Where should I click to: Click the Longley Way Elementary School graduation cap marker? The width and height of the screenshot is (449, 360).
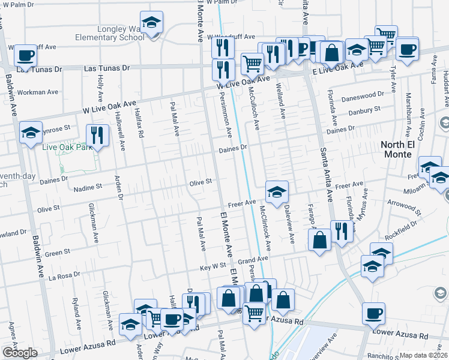(152, 23)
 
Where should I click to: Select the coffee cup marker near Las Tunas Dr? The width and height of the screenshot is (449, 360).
(25, 56)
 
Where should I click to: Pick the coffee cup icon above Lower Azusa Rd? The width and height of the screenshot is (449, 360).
(373, 313)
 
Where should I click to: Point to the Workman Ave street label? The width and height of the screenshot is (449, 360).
(38, 92)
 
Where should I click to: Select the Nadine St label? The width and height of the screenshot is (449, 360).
(88, 188)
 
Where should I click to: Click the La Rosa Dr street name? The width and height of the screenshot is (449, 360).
(64, 276)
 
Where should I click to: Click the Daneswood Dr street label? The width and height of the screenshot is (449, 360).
(363, 95)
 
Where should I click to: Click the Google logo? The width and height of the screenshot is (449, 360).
(20, 353)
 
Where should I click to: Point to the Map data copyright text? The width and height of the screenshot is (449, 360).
(424, 355)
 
